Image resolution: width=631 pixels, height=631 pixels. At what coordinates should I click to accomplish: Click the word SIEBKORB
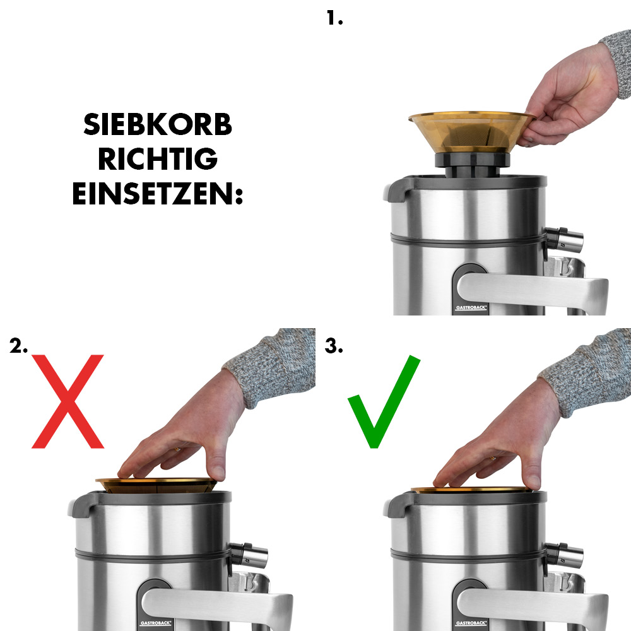click(x=158, y=126)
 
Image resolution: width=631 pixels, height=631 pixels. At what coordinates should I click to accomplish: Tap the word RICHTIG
click(x=158, y=160)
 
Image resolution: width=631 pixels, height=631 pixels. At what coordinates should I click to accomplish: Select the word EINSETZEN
click(x=158, y=194)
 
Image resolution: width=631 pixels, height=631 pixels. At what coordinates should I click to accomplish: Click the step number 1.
click(x=334, y=18)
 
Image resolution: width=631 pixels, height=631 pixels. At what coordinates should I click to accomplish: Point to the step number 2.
click(x=19, y=346)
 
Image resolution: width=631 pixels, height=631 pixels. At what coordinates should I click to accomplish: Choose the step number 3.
click(x=334, y=346)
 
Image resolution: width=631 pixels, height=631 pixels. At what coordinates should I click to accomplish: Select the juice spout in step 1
click(x=565, y=239)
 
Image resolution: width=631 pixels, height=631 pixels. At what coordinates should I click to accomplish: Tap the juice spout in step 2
click(x=249, y=554)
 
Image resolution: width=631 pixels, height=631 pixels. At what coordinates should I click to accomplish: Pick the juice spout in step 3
click(x=564, y=554)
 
